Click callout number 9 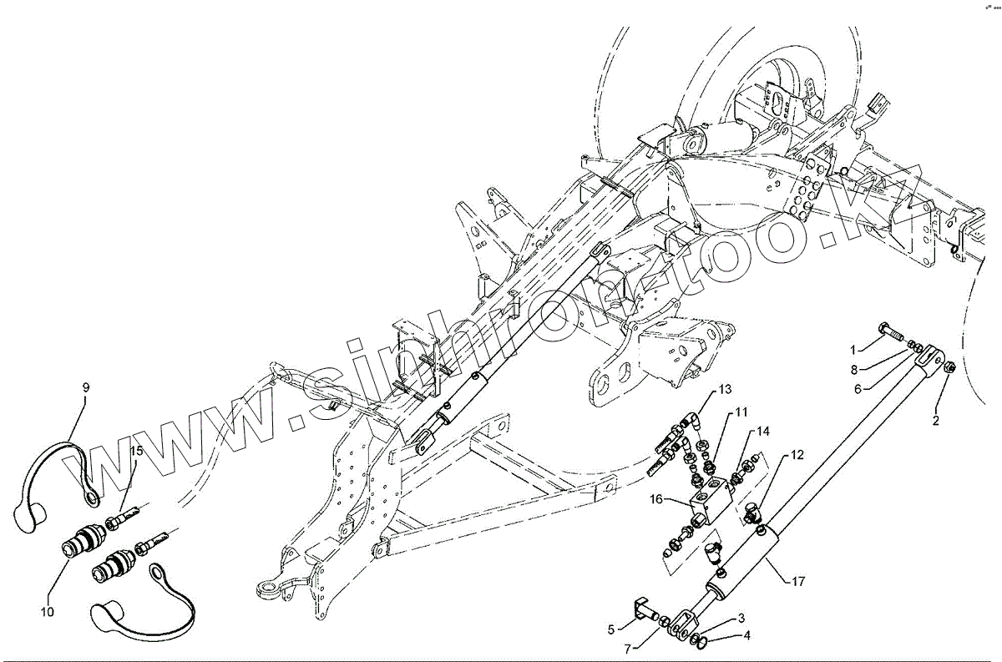point(85,387)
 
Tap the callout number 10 point(47,612)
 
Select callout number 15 point(136,452)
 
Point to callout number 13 point(724,390)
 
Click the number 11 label point(741,412)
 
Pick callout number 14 point(763,432)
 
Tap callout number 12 point(797,455)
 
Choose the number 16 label point(657,499)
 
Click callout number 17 point(798,581)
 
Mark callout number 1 point(853,348)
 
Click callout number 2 point(935,421)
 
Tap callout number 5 point(611,629)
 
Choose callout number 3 point(740,619)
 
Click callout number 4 point(746,635)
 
